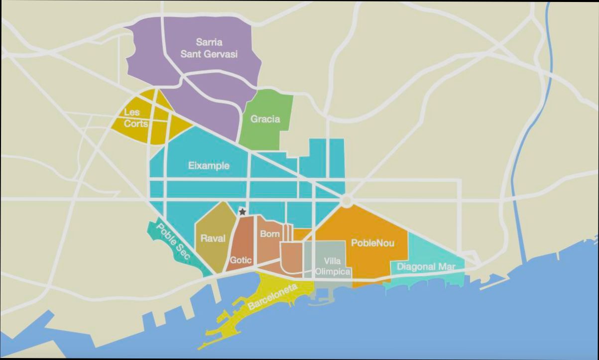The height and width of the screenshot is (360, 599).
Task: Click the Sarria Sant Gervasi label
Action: click(209, 48)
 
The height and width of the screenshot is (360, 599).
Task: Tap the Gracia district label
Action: click(265, 119)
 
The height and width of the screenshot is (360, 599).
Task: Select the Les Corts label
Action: click(135, 118)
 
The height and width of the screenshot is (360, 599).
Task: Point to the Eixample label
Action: click(209, 165)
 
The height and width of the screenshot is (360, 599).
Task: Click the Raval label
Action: click(213, 239)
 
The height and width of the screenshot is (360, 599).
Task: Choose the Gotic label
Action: click(240, 260)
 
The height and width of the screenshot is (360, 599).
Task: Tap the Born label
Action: click(270, 234)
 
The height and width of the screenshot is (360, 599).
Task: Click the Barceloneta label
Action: click(272, 297)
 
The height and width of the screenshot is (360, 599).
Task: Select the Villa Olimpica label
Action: click(332, 266)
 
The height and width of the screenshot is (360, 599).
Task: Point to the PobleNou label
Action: click(372, 243)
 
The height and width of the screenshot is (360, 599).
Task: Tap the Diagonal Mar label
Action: click(426, 267)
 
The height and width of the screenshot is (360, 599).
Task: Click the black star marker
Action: click(242, 212)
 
